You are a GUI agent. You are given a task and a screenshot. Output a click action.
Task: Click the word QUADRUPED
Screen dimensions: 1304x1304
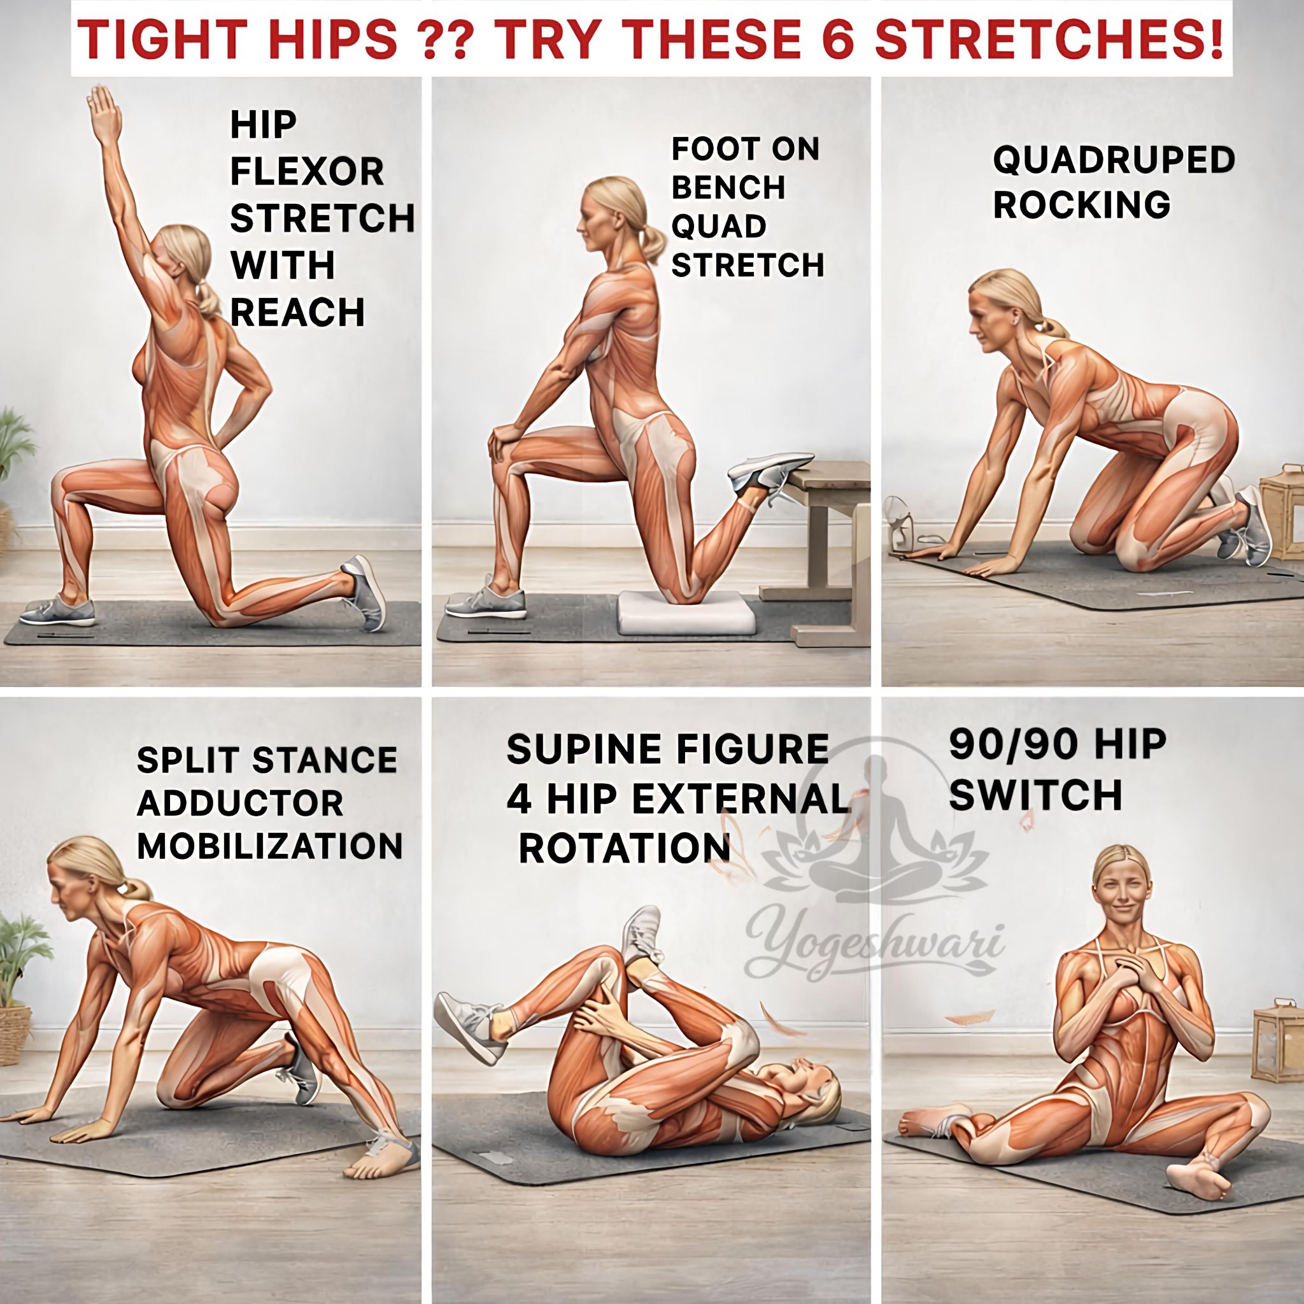1114,160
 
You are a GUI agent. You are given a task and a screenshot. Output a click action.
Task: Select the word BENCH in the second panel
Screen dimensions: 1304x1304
729,188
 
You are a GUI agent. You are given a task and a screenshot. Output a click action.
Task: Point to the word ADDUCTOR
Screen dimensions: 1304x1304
240,803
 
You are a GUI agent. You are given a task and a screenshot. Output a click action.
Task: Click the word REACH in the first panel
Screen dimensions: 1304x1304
297,312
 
